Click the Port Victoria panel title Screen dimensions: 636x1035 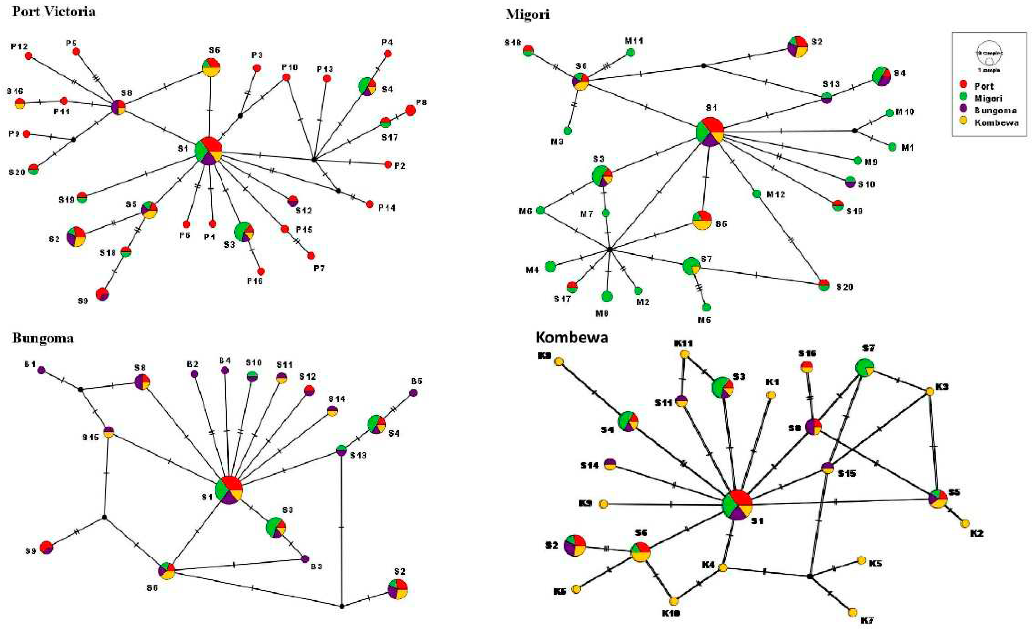[x=54, y=11]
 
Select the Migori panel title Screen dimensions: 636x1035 [x=527, y=14]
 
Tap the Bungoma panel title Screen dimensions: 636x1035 [x=43, y=338]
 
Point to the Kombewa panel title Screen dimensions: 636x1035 [x=572, y=337]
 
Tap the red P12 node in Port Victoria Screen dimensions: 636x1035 [x=28, y=56]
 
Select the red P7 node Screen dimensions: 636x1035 [x=311, y=256]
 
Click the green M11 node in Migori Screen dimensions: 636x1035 [x=630, y=52]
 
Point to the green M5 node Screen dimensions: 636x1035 [x=706, y=307]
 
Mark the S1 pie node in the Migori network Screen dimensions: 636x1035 [x=710, y=132]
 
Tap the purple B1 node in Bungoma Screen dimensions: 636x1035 [x=41, y=370]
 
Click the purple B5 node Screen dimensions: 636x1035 [x=413, y=393]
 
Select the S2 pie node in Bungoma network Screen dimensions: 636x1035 [x=397, y=589]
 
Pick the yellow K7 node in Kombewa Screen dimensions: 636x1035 [x=853, y=612]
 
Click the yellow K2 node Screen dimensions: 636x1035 [x=965, y=523]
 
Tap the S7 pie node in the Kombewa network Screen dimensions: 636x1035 [x=864, y=368]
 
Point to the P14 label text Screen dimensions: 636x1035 [x=386, y=208]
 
